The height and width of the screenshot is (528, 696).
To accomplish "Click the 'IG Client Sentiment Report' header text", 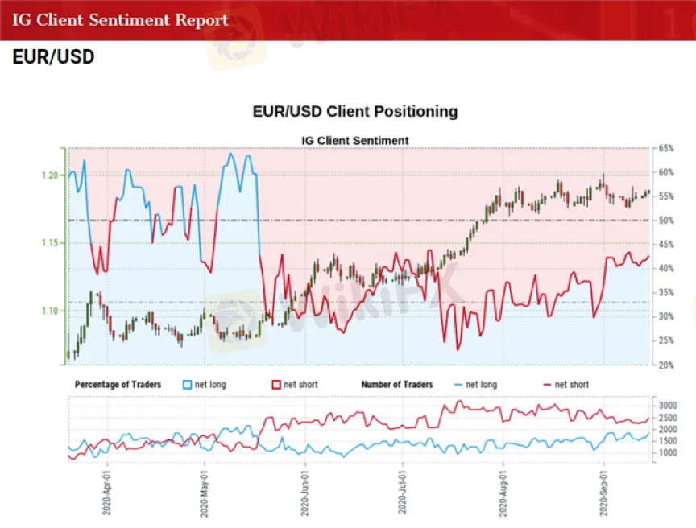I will click(x=120, y=20).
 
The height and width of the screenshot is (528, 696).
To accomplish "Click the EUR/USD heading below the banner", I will click(x=53, y=57).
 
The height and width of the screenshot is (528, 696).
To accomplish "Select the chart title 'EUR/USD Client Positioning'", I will click(x=354, y=112).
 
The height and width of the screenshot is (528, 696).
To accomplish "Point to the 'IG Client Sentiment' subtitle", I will click(x=354, y=141).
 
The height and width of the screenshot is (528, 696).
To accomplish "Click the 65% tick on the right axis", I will click(x=665, y=149).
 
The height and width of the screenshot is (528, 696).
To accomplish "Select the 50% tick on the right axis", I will click(x=665, y=221).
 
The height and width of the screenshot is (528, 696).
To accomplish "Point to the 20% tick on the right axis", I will click(x=665, y=365).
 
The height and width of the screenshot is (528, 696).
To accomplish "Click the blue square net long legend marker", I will click(x=188, y=385).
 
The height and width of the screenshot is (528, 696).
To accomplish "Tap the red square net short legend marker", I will click(x=277, y=385).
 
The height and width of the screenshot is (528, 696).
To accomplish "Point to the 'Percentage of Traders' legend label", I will click(x=118, y=385).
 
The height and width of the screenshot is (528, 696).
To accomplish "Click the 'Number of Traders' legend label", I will click(x=397, y=385).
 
